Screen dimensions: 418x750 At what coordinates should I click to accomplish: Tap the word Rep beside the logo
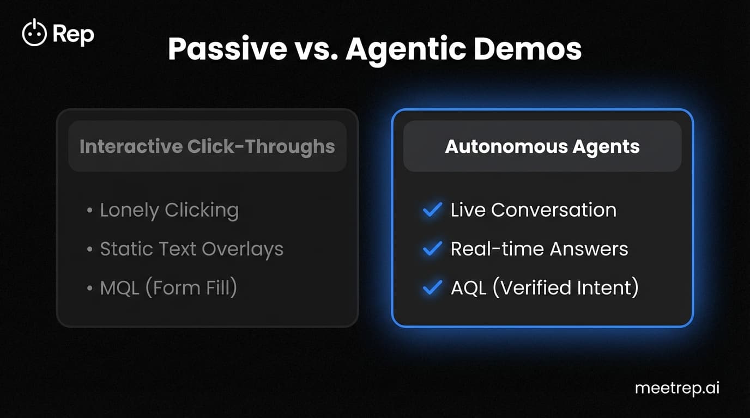pyautogui.click(x=74, y=34)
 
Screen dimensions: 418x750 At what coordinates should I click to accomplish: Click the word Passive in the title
pyautogui.click(x=227, y=50)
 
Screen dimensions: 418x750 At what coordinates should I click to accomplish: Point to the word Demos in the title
pyautogui.click(x=534, y=50)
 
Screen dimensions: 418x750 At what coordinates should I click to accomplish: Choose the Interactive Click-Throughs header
pyautogui.click(x=207, y=146)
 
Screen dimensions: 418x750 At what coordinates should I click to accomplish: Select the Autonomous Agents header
pyautogui.click(x=542, y=146)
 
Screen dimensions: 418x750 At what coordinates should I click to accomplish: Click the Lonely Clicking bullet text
pyautogui.click(x=169, y=210)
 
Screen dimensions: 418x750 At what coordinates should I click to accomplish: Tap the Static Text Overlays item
pyautogui.click(x=191, y=249)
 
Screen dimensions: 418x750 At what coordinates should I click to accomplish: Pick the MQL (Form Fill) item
pyautogui.click(x=168, y=288)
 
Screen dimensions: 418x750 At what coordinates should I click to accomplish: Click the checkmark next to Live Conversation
pyautogui.click(x=432, y=210)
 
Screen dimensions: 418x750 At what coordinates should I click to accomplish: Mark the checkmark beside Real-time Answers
pyautogui.click(x=432, y=249)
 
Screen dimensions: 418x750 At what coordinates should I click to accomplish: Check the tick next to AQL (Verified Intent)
pyautogui.click(x=432, y=288)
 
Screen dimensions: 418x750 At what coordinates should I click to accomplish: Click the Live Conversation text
pyautogui.click(x=533, y=210)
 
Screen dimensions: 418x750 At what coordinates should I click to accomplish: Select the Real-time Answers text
pyautogui.click(x=539, y=249)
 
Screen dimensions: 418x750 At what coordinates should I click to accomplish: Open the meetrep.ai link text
pyautogui.click(x=677, y=389)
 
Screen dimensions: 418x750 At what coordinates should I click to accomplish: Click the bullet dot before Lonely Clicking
pyautogui.click(x=89, y=211)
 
